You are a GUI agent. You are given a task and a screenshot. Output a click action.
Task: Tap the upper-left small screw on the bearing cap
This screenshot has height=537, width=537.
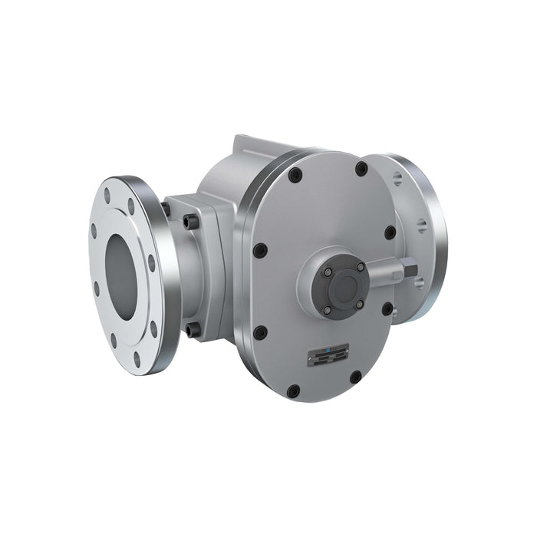pos(328,272)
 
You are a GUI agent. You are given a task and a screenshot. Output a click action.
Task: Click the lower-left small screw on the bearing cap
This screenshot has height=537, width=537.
pos(328,309)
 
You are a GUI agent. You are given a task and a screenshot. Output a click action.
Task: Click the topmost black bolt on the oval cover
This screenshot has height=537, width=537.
pos(361,168)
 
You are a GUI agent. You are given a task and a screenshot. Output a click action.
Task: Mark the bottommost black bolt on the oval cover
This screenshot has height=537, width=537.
pos(293,390)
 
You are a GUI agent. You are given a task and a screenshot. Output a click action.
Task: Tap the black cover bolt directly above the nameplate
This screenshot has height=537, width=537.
pos(261,333)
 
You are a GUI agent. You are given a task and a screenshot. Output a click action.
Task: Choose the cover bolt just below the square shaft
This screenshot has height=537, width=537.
pos(388,308)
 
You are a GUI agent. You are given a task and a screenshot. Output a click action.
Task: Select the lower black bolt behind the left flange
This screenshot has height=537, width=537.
pos(191,331)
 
